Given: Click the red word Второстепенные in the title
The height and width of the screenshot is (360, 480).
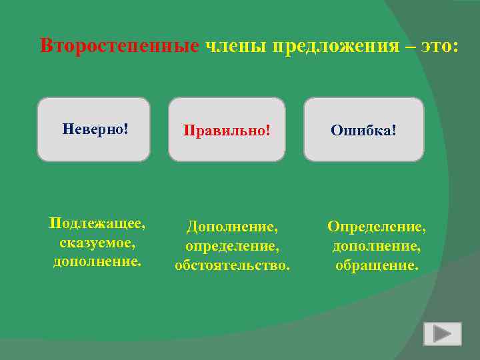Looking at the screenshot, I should (x=119, y=46).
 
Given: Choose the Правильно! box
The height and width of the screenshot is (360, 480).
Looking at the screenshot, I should (x=227, y=129).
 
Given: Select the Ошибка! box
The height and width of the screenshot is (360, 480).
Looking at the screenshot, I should (x=363, y=129).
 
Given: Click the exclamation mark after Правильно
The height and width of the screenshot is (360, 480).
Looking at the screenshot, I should (x=268, y=129).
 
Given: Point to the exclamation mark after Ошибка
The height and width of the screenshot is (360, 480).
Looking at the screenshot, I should (x=394, y=129).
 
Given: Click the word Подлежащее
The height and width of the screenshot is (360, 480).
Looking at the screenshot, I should (x=98, y=223).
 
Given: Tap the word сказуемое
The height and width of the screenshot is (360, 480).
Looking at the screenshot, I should (x=98, y=242).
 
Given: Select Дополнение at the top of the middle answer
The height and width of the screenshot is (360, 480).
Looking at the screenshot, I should (x=231, y=227).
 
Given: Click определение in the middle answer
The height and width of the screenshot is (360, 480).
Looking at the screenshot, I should (x=231, y=247).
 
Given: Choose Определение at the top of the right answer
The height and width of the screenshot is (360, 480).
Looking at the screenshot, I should (x=376, y=227).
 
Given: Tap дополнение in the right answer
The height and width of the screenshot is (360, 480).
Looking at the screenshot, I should (x=376, y=247).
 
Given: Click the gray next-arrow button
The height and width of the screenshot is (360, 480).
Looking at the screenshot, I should (x=442, y=333).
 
